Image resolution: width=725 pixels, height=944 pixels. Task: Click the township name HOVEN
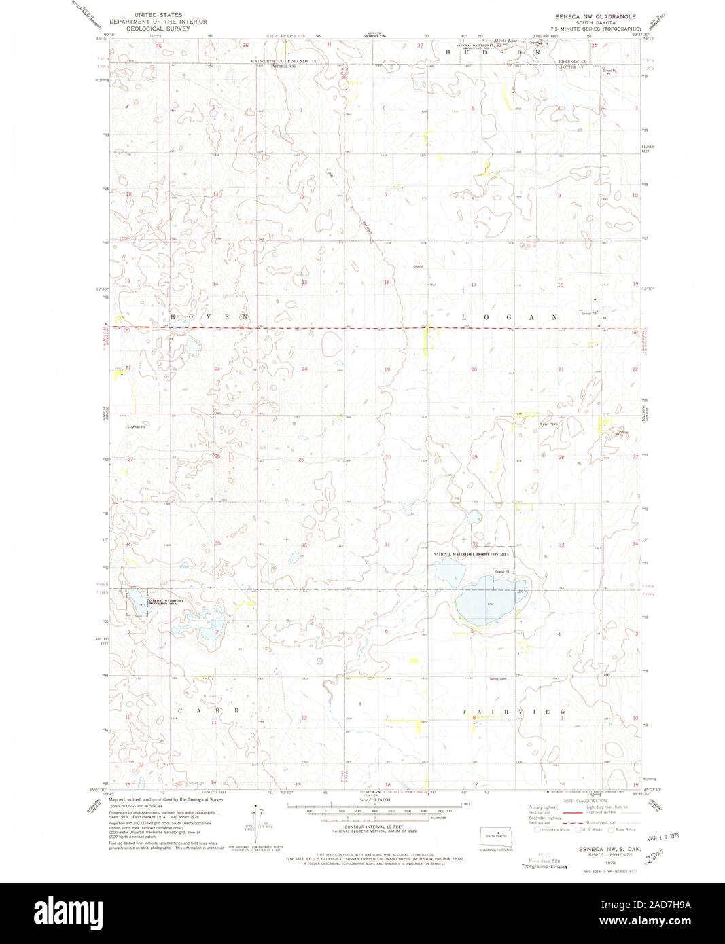[x=209, y=317]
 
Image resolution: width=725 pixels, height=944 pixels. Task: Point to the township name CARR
[x=208, y=710]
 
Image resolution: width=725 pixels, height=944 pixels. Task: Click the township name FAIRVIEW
[x=514, y=711]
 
